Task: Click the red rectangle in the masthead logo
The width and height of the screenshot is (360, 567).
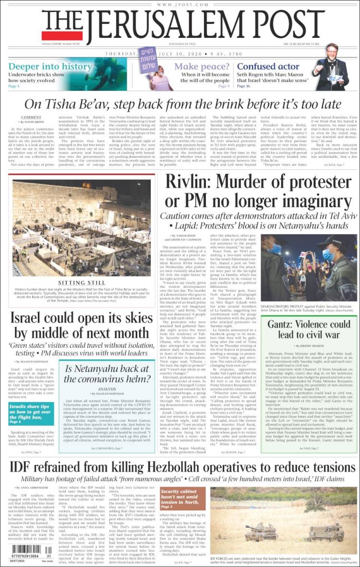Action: pos(62,35)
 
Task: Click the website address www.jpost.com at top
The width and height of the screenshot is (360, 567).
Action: pos(180,4)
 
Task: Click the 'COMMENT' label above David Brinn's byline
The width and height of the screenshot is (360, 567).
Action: pos(31,117)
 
